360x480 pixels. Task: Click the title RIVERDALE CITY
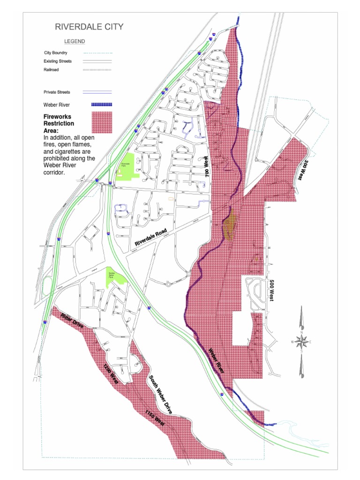89,27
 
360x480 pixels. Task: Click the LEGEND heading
75,42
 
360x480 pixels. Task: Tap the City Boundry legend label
56,52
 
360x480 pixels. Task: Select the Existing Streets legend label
58,61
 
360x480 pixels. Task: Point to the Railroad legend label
51,70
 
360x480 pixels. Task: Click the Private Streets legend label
57,92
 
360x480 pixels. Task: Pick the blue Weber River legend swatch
101,105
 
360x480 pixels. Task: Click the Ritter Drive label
72,323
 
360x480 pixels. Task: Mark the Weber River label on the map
216,360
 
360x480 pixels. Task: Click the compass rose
301,342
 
